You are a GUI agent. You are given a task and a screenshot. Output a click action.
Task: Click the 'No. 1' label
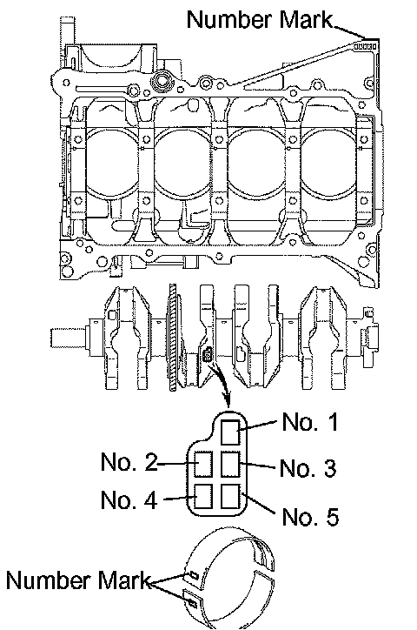310,422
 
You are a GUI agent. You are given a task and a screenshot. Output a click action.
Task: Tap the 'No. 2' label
129,462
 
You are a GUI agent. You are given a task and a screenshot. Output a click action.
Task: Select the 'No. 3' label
308,468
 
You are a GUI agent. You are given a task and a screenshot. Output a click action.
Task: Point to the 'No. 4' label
129,499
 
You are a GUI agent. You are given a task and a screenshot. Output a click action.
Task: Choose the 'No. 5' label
310,517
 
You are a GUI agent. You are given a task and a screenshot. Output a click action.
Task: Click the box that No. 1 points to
230,432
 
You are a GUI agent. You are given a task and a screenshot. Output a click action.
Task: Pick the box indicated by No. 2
203,464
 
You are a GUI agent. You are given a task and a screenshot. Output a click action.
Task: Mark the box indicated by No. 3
230,464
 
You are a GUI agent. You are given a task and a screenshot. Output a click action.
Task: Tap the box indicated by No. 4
203,496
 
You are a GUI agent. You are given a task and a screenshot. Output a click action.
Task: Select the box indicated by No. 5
230,496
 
